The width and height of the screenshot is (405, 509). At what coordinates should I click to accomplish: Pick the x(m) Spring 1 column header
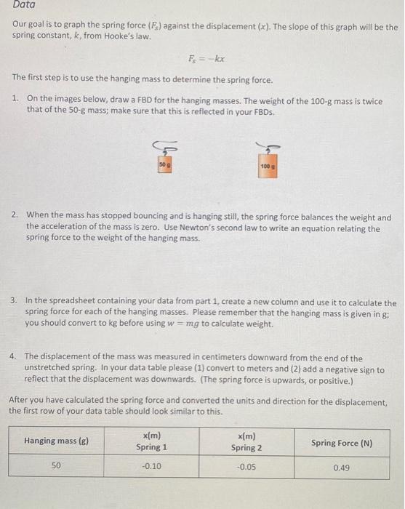click(x=152, y=441)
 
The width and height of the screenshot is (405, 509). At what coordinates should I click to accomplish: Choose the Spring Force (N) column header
click(x=341, y=441)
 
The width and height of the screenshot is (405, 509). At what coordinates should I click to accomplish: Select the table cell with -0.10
click(x=152, y=467)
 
